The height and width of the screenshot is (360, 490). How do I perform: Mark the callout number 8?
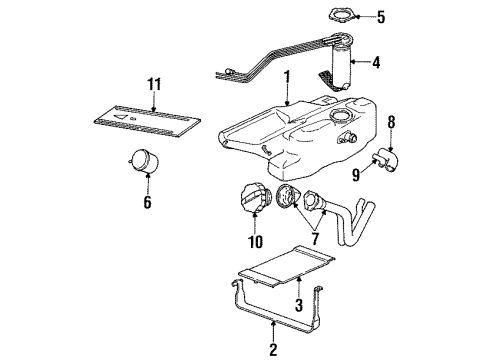391,124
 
